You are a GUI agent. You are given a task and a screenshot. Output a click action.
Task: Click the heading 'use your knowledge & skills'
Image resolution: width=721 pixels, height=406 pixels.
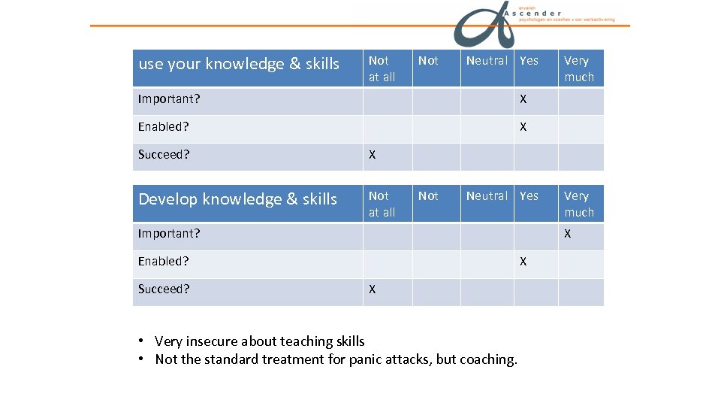(239, 64)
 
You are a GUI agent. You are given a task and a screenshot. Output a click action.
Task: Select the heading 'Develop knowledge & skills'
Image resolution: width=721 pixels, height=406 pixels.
(237, 199)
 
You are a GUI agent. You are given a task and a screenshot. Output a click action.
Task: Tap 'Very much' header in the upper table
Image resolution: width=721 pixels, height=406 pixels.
(579, 68)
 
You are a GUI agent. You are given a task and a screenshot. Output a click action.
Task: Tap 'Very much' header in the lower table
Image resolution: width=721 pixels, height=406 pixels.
(579, 204)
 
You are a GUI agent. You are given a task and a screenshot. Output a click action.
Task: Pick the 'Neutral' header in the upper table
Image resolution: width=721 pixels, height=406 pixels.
(487, 61)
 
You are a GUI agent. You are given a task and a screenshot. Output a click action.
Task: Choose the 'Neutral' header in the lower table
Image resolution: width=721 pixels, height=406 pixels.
(487, 196)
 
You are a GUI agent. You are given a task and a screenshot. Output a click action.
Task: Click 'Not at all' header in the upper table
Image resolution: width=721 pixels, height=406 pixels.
(382, 68)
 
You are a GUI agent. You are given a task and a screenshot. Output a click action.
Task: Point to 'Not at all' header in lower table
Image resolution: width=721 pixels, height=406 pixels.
(382, 204)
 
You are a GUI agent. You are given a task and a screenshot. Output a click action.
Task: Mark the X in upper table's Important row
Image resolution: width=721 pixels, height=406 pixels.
(523, 99)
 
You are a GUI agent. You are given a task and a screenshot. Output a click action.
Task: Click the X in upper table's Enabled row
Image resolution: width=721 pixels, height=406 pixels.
(523, 127)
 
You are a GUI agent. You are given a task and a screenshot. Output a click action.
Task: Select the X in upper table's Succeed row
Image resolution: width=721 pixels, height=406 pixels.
(372, 156)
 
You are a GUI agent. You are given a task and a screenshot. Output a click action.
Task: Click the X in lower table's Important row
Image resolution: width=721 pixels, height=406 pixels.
(568, 234)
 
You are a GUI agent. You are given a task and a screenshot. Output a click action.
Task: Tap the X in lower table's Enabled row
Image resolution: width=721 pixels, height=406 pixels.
(523, 262)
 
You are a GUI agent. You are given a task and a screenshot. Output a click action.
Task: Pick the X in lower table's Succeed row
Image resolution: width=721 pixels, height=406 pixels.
(372, 289)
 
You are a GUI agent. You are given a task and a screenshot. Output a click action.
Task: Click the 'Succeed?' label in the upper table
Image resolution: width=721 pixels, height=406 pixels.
(164, 155)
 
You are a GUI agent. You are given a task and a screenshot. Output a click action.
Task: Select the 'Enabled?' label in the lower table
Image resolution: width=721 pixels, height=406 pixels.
(163, 262)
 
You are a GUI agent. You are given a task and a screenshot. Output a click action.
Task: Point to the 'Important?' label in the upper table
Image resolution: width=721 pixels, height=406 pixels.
(169, 99)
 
